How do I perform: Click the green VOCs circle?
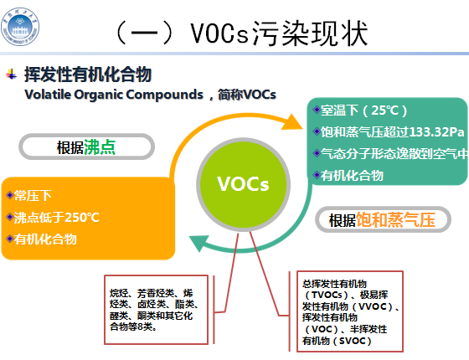click(242, 183)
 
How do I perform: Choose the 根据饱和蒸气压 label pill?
click(382, 220)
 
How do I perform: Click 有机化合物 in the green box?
click(352, 175)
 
